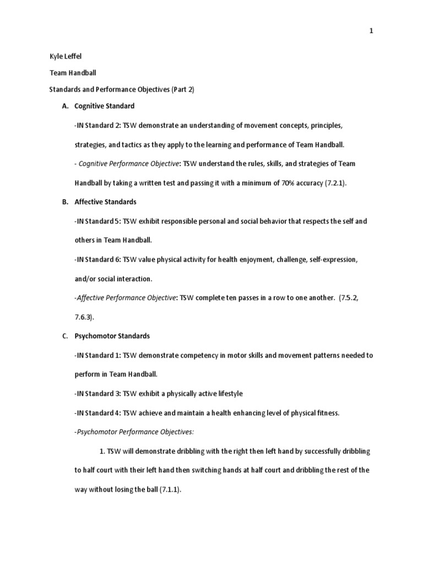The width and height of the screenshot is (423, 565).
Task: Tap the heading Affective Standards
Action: point(106,202)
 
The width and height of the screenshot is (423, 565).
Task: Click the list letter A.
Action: point(64,105)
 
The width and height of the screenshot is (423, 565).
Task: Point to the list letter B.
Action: point(64,202)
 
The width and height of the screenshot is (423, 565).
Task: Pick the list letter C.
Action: point(64,335)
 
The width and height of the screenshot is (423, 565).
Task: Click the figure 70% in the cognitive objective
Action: point(290,183)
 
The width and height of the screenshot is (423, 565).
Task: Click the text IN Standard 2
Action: point(97,125)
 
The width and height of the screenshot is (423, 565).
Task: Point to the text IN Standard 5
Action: point(97,221)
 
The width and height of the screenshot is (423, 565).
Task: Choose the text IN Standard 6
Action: point(97,259)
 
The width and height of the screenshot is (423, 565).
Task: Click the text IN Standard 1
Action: point(97,355)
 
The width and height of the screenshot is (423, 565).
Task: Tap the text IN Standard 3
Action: point(97,393)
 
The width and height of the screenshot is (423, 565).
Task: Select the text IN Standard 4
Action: point(97,413)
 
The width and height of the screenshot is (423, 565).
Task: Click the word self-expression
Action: point(336,259)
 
